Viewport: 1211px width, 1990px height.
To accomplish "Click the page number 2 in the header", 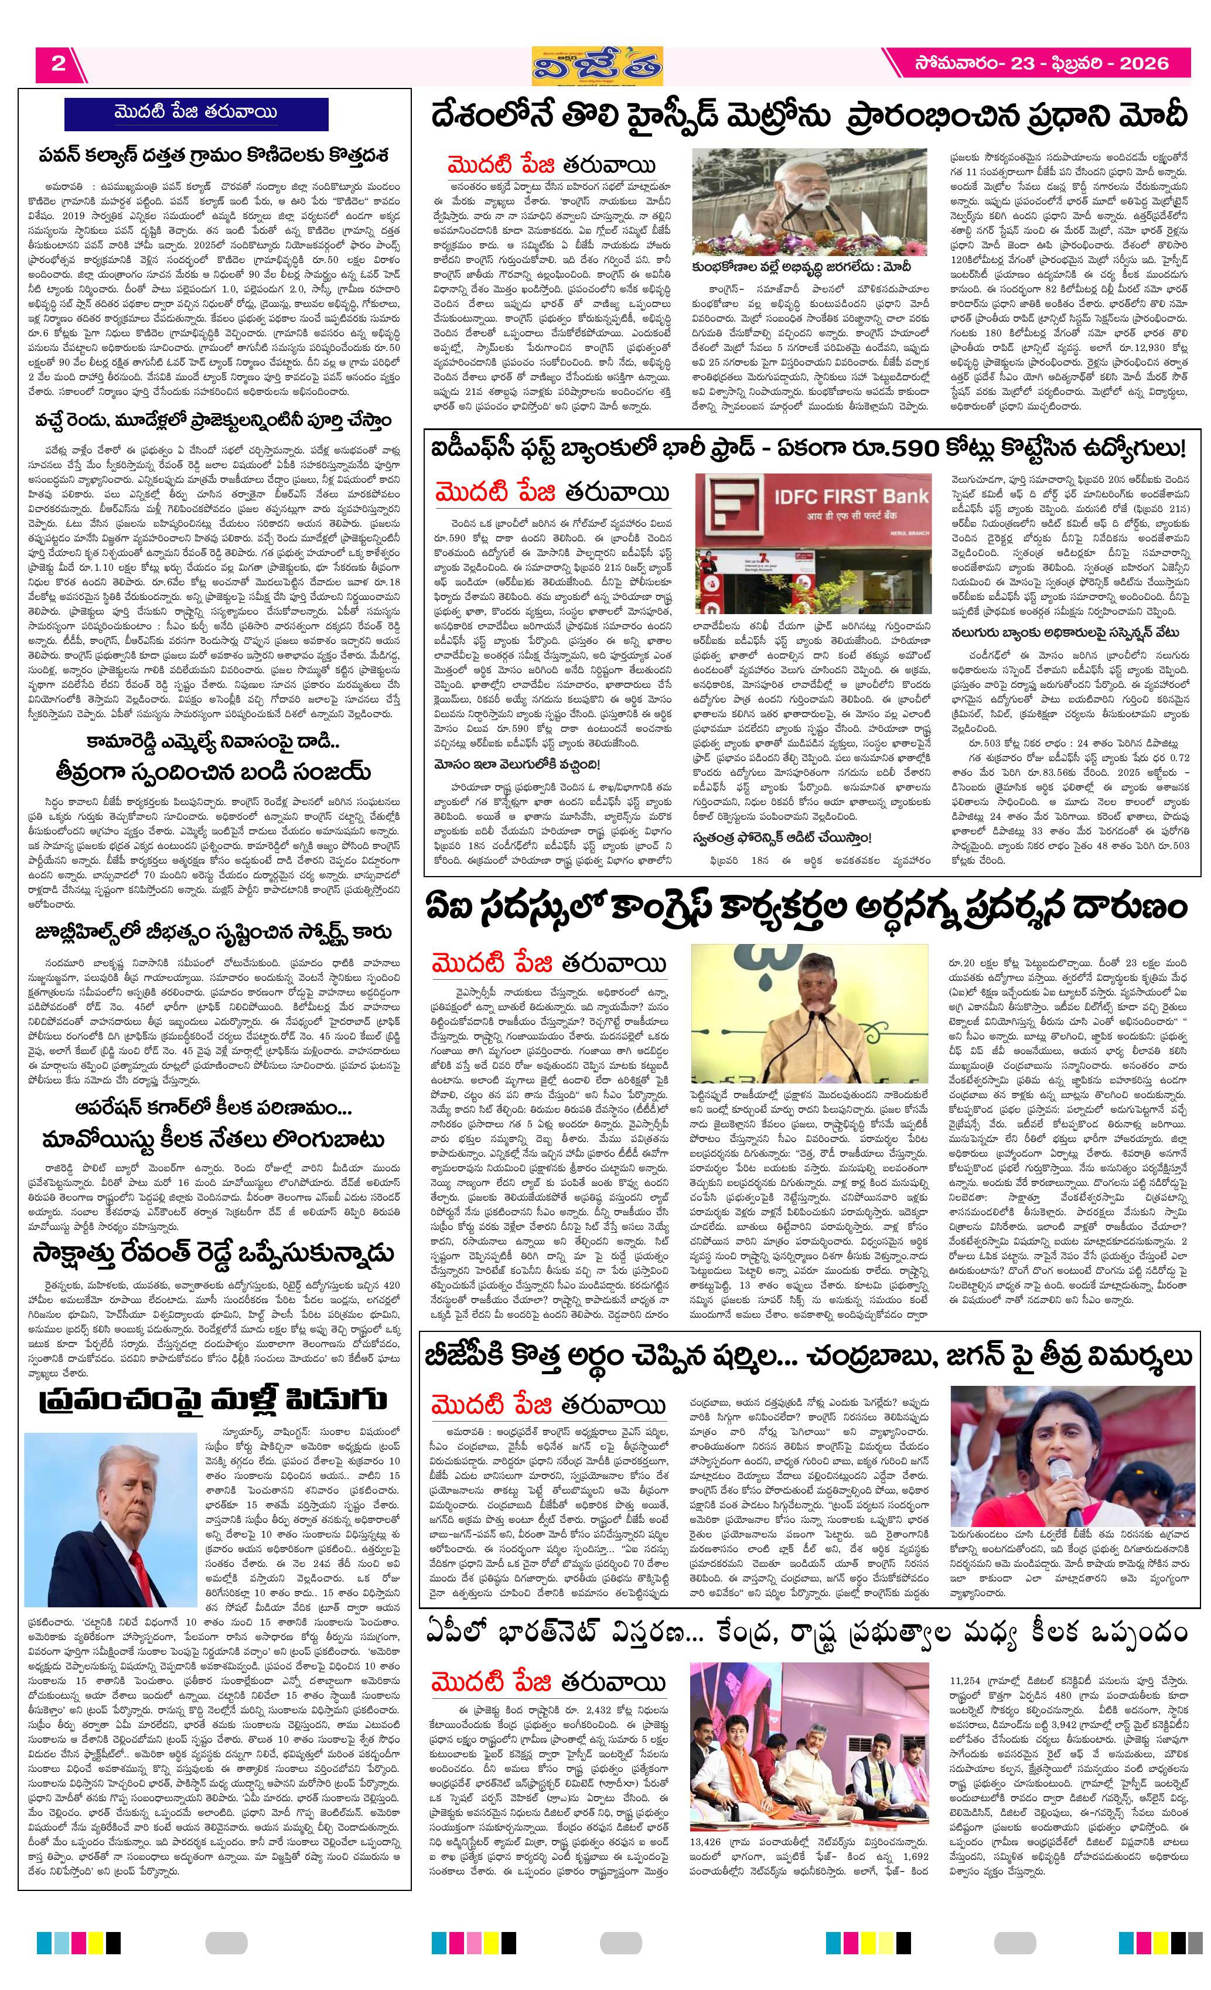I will point(57,64).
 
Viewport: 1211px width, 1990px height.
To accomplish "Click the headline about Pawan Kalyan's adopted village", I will point(214,154).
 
